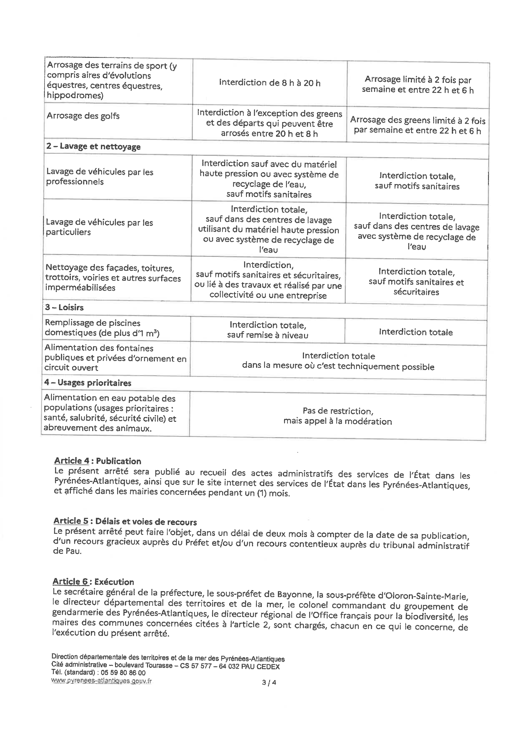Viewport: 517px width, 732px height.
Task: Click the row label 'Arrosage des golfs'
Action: coord(83,116)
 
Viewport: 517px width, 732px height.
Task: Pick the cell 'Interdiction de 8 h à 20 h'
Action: coord(270,83)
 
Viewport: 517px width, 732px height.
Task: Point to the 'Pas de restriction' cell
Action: coord(337,416)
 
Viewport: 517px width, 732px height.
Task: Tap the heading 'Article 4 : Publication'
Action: coord(97,461)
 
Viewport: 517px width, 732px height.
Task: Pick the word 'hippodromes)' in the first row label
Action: coord(75,95)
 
